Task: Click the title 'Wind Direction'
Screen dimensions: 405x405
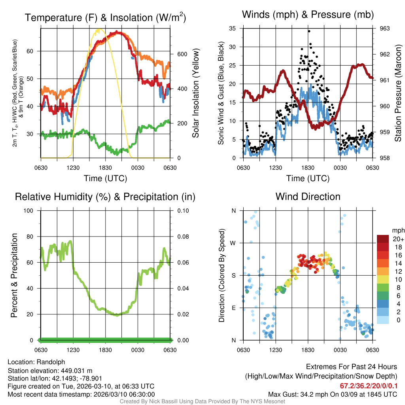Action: click(308, 197)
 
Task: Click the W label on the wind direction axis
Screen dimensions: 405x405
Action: click(233, 243)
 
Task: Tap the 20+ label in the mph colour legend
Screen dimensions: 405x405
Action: click(398, 239)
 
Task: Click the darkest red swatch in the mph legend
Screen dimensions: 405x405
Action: click(383, 239)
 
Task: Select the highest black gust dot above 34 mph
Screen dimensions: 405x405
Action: click(309, 31)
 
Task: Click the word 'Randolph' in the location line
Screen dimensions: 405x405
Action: click(51, 362)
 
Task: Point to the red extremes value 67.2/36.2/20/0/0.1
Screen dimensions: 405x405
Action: click(369, 386)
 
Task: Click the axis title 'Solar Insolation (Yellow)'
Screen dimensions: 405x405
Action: click(195, 93)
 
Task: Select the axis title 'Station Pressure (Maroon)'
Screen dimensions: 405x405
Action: click(398, 93)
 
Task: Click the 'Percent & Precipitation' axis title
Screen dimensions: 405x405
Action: click(14, 275)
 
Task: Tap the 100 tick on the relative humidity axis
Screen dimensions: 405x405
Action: click(32, 211)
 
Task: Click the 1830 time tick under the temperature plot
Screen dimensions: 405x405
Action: click(105, 168)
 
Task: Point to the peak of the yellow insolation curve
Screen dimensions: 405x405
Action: click(98, 29)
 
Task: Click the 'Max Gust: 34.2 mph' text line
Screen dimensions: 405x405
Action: click(332, 394)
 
